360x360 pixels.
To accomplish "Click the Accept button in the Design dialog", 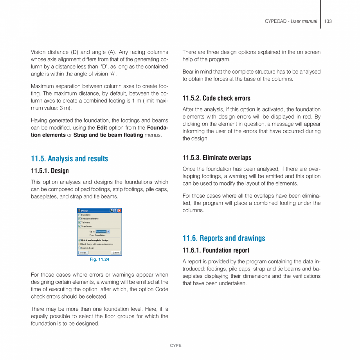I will click(83, 253).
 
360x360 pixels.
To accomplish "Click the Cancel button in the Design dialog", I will click(116, 253).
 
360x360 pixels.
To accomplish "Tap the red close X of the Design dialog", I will click(119, 211).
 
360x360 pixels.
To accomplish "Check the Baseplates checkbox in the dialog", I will click(79, 215).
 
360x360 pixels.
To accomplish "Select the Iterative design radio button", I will click(79, 248).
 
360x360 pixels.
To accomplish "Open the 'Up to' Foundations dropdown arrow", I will click(108, 232).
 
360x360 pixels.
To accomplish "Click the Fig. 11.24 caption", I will click(99, 259).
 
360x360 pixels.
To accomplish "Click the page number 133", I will click(328, 21).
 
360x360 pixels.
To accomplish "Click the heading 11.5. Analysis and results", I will click(69, 158).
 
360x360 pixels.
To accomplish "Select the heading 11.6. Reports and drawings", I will click(223, 238).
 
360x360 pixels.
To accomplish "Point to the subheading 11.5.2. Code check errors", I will click(216, 98).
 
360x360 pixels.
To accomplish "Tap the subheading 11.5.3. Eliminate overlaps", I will click(216, 158).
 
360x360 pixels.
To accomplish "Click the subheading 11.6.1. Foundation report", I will click(216, 250).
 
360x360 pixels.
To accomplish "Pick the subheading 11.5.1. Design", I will click(50, 171).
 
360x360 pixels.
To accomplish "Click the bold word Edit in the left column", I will click(102, 128).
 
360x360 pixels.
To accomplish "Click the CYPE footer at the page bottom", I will click(175, 346).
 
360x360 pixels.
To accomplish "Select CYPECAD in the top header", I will click(275, 21).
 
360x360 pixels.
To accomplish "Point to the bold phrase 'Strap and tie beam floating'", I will click(108, 135).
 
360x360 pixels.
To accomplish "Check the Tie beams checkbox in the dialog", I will click(79, 222).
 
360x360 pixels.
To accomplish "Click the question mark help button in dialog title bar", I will click(115, 211).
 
